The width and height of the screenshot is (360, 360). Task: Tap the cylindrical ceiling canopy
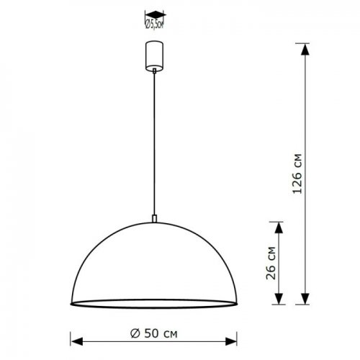pyautogui.click(x=153, y=56)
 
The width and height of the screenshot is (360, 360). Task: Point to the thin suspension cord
pyautogui.click(x=153, y=144)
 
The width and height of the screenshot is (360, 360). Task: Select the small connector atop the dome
pyautogui.click(x=153, y=217)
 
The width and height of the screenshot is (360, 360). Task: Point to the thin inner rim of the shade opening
pyautogui.click(x=153, y=300)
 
